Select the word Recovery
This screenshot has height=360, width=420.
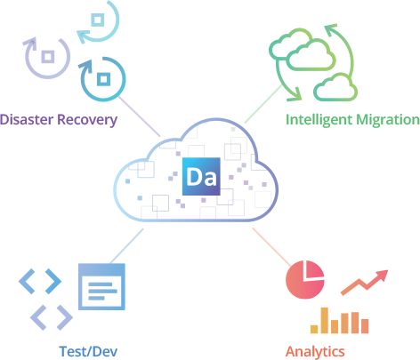(87, 120)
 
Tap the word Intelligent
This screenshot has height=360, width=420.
(319, 120)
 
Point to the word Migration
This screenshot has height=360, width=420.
(388, 120)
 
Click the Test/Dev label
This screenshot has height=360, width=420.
(88, 351)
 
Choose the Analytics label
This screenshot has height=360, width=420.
(315, 352)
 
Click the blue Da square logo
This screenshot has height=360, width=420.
(201, 177)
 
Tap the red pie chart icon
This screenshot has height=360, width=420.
(305, 279)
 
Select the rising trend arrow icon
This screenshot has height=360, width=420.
(365, 283)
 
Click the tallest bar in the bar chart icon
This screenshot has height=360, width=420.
(325, 320)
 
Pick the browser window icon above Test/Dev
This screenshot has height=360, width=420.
(101, 287)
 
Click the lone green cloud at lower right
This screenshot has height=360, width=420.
(335, 87)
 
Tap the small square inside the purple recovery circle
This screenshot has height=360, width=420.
(48, 57)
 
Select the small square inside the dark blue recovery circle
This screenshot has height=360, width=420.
(103, 79)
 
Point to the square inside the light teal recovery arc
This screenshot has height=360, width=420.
(98, 20)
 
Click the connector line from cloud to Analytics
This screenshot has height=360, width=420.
(271, 247)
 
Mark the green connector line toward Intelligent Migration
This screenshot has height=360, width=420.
(263, 104)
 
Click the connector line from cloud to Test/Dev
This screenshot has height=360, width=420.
(126, 246)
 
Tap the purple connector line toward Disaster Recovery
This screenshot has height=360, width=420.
(139, 116)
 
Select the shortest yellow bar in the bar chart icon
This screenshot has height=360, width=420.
(314, 329)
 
